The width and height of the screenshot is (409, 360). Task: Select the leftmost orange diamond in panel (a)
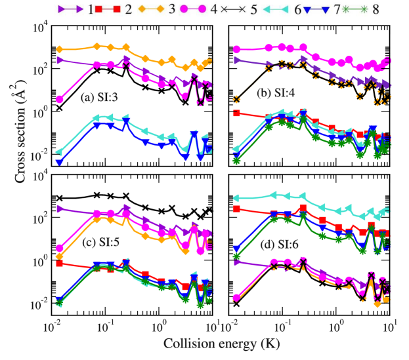pos(59,49)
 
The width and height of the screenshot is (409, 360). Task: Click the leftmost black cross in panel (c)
pos(59,198)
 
